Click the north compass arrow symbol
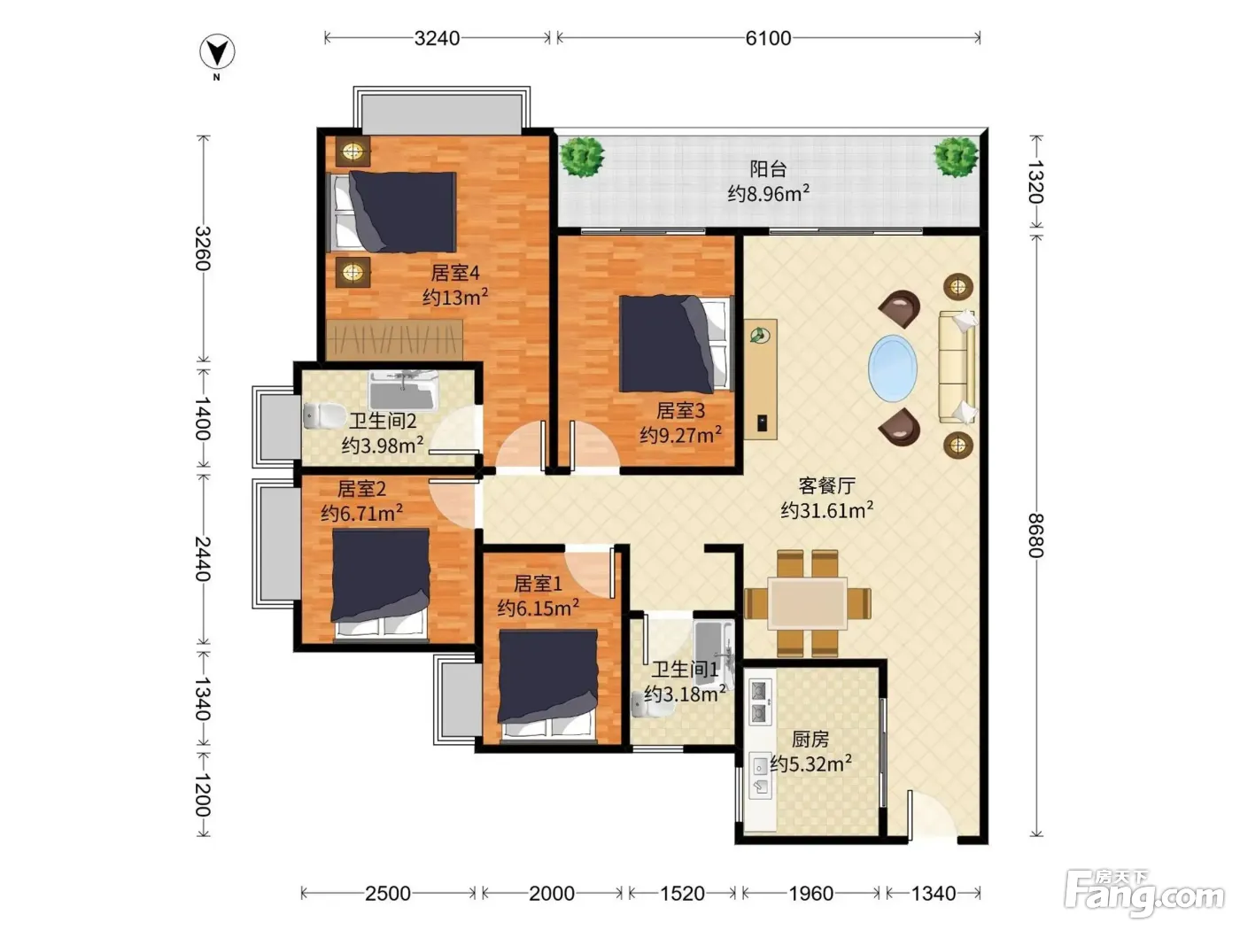tap(217, 52)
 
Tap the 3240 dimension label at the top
tap(437, 38)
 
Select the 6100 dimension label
tap(768, 38)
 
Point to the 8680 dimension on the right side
tap(1035, 535)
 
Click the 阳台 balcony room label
tap(768, 168)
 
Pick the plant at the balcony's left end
tap(582, 157)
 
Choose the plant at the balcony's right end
tap(956, 157)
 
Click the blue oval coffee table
tap(893, 368)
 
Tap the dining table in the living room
tap(807, 603)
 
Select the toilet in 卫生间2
tap(323, 415)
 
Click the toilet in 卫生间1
tap(652, 706)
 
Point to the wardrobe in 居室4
tap(394, 340)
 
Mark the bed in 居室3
tap(676, 344)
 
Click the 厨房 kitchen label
tap(810, 739)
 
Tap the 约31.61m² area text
tap(827, 510)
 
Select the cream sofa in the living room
tap(957, 367)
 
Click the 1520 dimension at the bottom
tap(682, 894)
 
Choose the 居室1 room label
tap(538, 584)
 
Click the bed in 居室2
tap(380, 585)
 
